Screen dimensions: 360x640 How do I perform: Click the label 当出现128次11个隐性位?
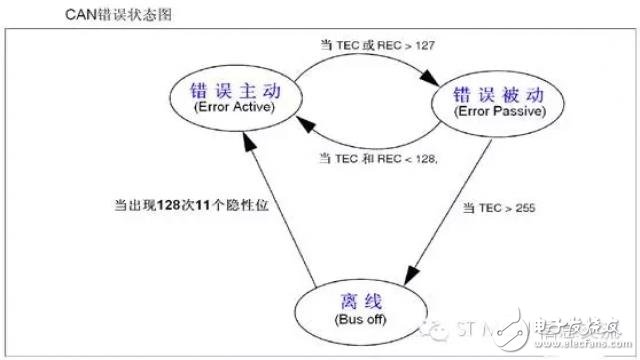(x=192, y=204)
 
